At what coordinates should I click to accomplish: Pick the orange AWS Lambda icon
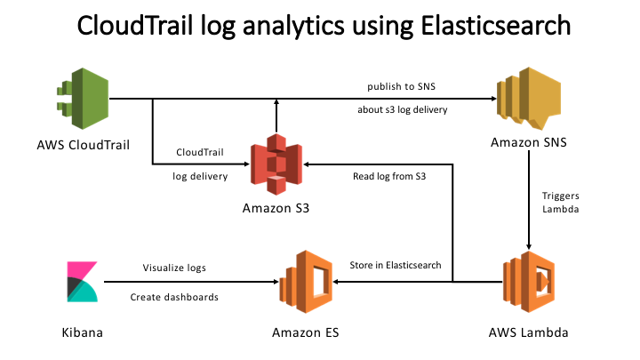530,283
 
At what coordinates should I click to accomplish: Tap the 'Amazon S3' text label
277,209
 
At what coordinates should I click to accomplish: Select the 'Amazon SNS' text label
531,142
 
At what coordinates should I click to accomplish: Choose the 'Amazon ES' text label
306,333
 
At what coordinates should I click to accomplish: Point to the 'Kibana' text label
84,333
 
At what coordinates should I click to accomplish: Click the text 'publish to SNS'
402,86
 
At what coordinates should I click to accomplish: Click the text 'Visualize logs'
174,266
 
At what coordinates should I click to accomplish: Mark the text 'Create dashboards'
174,298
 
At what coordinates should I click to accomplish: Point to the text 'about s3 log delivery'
402,110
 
